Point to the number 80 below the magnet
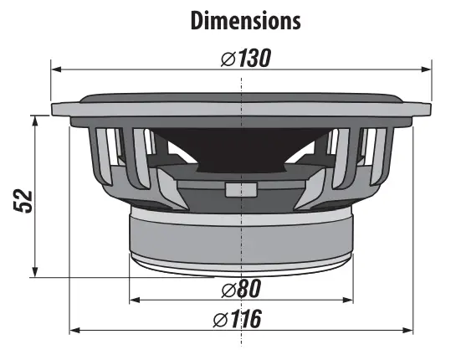(248, 289)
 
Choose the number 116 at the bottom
(248, 319)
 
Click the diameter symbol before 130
(226, 59)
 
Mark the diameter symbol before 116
(221, 319)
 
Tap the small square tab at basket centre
(240, 188)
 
